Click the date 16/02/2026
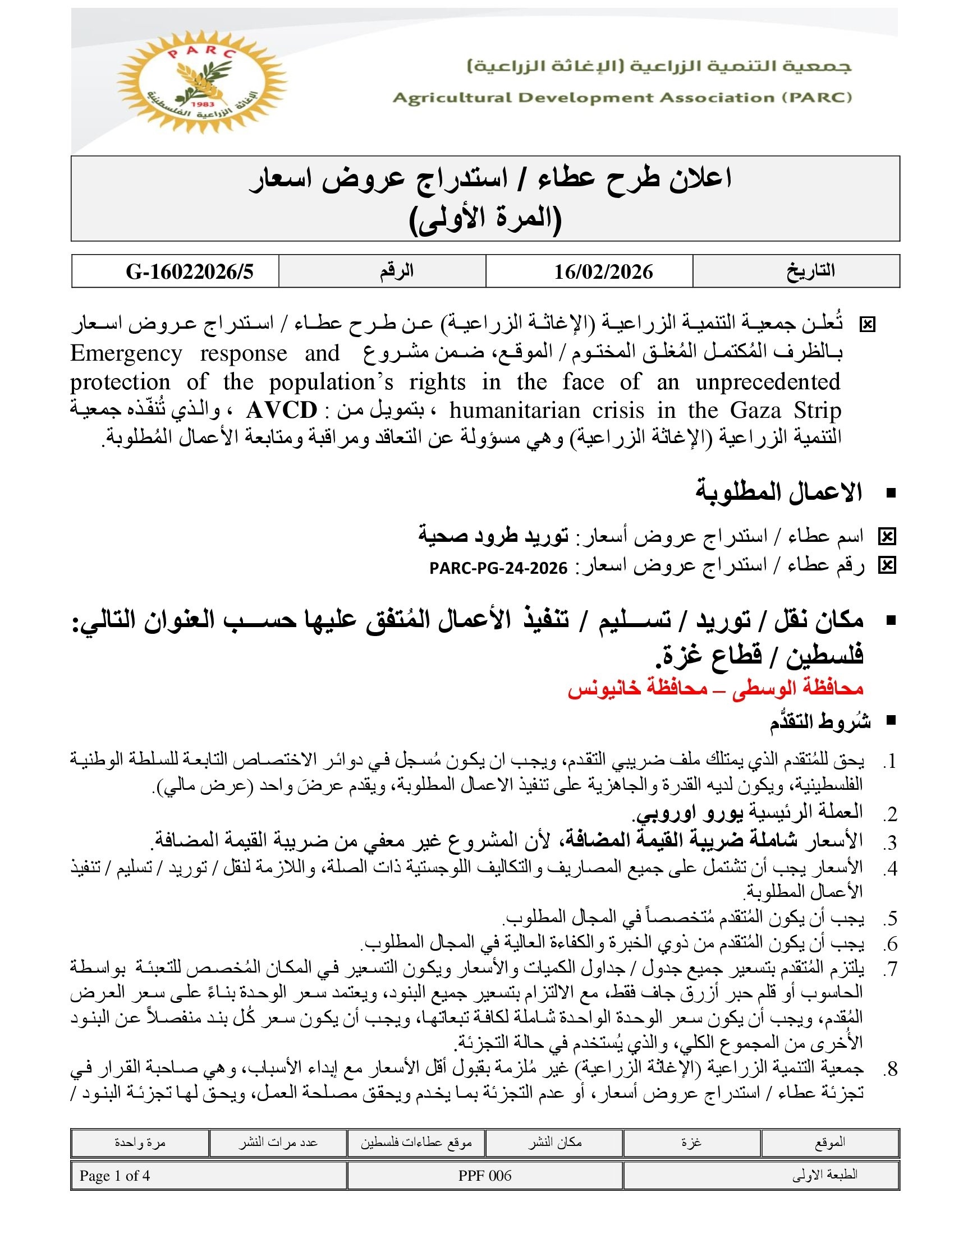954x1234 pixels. point(603,272)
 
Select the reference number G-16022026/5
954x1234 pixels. point(190,272)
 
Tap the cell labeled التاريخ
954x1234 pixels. point(810,271)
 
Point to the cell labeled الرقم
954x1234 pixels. point(396,271)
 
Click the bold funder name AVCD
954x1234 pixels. point(282,411)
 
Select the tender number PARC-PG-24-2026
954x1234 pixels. point(498,568)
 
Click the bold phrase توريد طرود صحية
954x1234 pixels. point(493,535)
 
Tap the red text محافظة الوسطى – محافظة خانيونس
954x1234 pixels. point(715,688)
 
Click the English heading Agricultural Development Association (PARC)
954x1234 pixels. point(622,98)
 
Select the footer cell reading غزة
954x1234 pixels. point(691,1143)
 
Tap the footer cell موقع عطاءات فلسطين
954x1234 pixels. point(416,1143)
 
